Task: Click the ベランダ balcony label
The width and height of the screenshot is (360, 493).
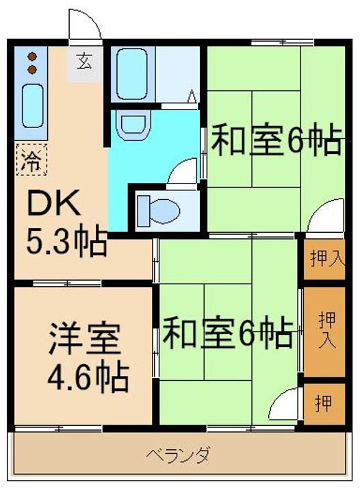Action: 177,454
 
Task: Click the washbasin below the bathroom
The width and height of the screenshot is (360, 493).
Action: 131,123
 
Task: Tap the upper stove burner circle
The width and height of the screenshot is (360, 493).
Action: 31,57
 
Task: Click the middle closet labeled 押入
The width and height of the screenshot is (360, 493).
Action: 324,331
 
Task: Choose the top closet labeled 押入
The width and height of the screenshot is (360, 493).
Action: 324,258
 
